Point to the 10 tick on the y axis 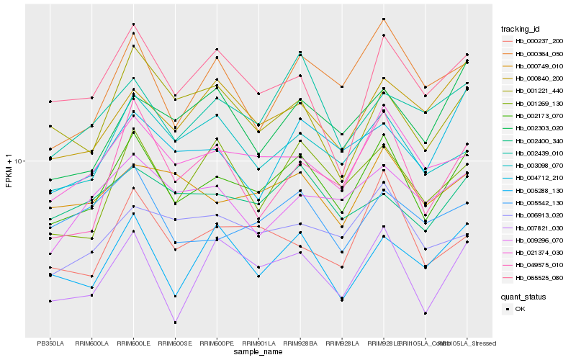tap(20, 161)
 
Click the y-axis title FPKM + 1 tap(9, 170)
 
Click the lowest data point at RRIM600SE tap(175, 323)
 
